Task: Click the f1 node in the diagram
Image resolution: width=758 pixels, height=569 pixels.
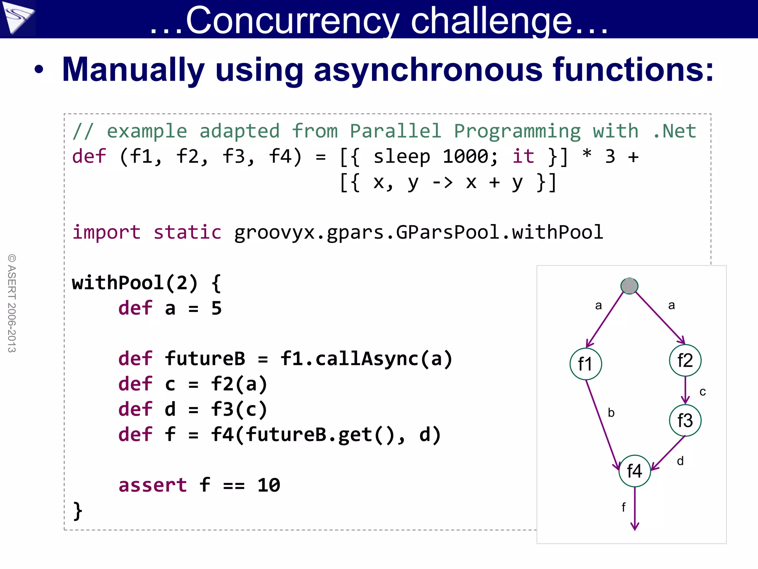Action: coord(586,364)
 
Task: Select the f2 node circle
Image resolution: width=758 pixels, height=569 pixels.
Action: coord(685,360)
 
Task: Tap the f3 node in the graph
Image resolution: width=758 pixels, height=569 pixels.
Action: coord(685,420)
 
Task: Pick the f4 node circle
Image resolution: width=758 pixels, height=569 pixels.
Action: coord(635,471)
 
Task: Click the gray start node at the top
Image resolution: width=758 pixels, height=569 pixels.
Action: coord(629,286)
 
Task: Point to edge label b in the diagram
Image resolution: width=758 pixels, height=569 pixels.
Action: coord(611,413)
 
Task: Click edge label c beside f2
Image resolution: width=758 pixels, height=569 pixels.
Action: coord(702,392)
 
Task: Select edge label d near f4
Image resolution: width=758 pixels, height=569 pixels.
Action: coord(680,461)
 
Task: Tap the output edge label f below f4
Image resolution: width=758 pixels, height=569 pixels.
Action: coord(623,507)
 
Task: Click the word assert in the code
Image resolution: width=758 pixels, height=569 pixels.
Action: coord(152,485)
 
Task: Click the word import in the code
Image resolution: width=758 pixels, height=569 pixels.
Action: coord(107,232)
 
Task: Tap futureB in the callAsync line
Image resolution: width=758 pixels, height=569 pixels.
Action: coord(205,359)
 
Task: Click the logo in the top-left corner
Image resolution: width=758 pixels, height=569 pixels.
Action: coord(18,18)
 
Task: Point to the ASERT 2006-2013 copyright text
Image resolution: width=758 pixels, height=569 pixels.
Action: coord(12,303)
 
